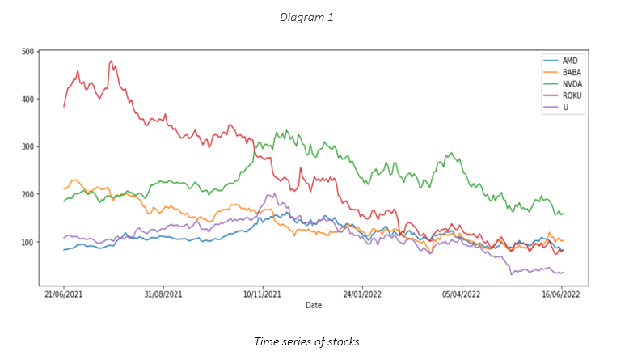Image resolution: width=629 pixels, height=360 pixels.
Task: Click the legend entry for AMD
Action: pyautogui.click(x=569, y=61)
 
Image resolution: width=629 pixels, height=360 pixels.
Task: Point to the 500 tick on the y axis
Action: pyautogui.click(x=28, y=52)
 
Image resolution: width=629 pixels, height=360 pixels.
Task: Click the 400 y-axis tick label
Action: pyautogui.click(x=28, y=100)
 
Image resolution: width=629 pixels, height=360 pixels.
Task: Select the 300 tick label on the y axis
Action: pyautogui.click(x=28, y=147)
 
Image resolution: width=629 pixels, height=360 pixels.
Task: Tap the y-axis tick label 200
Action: pyautogui.click(x=28, y=195)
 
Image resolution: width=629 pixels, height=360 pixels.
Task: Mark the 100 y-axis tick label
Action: pyautogui.click(x=28, y=243)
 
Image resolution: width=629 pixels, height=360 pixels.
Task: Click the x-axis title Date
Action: pyautogui.click(x=314, y=305)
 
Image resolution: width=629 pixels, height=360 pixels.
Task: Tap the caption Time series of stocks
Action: pyautogui.click(x=306, y=342)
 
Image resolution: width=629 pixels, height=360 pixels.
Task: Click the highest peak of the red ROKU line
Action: pyautogui.click(x=112, y=61)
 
